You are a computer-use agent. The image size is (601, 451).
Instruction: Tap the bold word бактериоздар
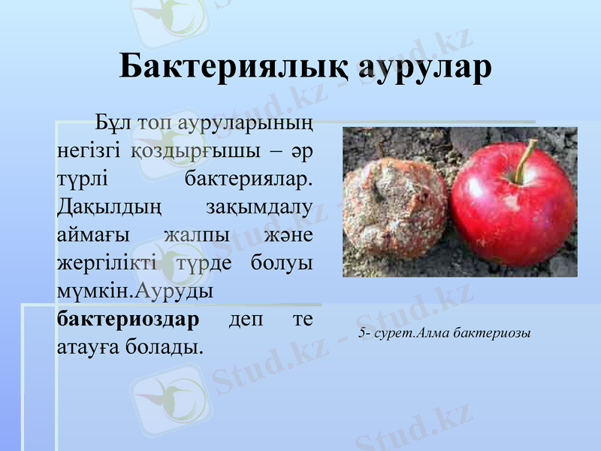tap(128, 319)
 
